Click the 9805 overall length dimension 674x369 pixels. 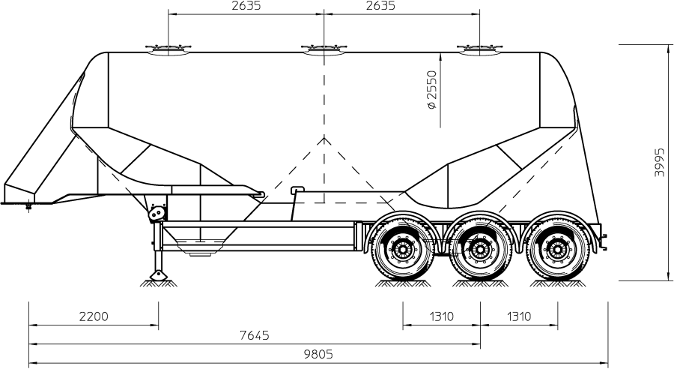click(x=318, y=354)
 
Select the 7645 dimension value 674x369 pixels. click(x=255, y=334)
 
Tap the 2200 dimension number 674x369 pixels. click(x=94, y=316)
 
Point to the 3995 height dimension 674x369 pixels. click(x=659, y=162)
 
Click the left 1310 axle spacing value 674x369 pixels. click(x=442, y=316)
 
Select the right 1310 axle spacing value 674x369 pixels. click(x=518, y=316)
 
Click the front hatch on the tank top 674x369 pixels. click(x=168, y=50)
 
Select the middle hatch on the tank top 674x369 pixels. click(x=324, y=50)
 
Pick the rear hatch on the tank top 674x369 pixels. click(x=480, y=50)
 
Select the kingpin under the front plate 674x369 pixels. click(x=28, y=206)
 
